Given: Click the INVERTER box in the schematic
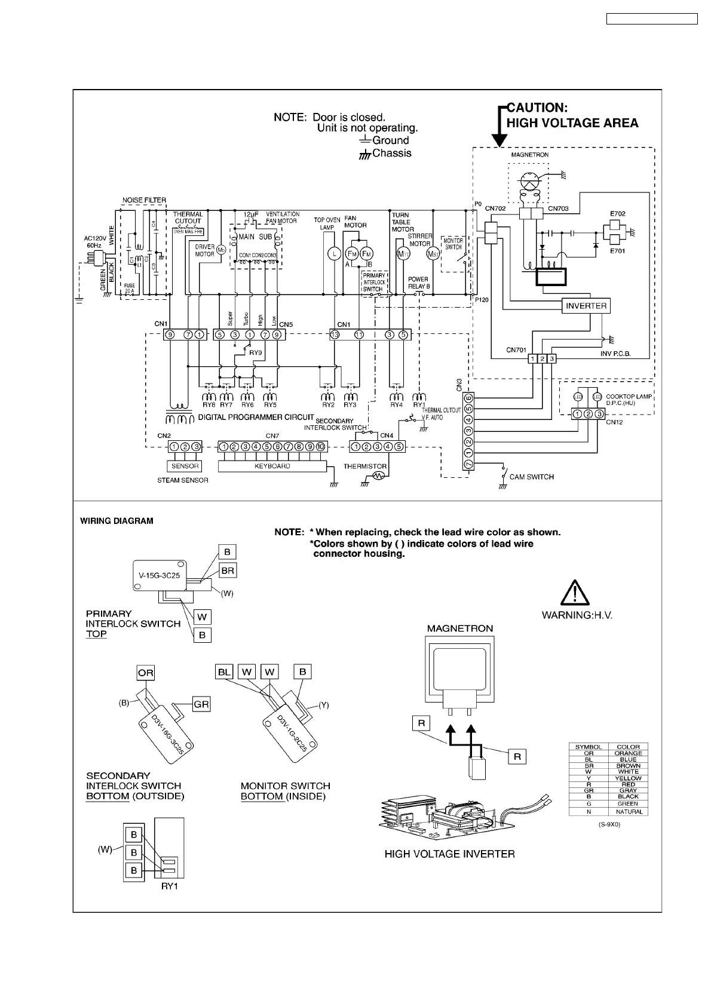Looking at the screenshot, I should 586,306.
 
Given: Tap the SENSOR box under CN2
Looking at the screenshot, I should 185,466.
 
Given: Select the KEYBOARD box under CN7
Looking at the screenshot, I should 272,466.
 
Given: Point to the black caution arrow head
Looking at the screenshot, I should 499,140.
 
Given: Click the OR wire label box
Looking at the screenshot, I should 145,673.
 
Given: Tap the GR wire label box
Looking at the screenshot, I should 201,704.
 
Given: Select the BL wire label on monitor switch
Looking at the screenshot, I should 224,672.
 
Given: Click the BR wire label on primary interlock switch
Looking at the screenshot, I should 228,571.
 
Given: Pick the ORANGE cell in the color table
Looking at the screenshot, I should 628,753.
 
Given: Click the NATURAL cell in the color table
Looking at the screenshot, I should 628,811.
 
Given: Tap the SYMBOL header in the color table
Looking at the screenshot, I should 588,747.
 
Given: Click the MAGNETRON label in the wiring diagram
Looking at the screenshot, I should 459,628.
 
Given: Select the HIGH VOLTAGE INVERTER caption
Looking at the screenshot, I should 449,854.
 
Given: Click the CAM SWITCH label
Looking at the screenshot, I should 531,477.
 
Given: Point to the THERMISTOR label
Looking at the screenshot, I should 364,466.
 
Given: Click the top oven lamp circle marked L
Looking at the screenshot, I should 333,253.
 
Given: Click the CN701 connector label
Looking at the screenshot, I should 516,350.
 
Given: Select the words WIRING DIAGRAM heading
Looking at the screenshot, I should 117,521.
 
